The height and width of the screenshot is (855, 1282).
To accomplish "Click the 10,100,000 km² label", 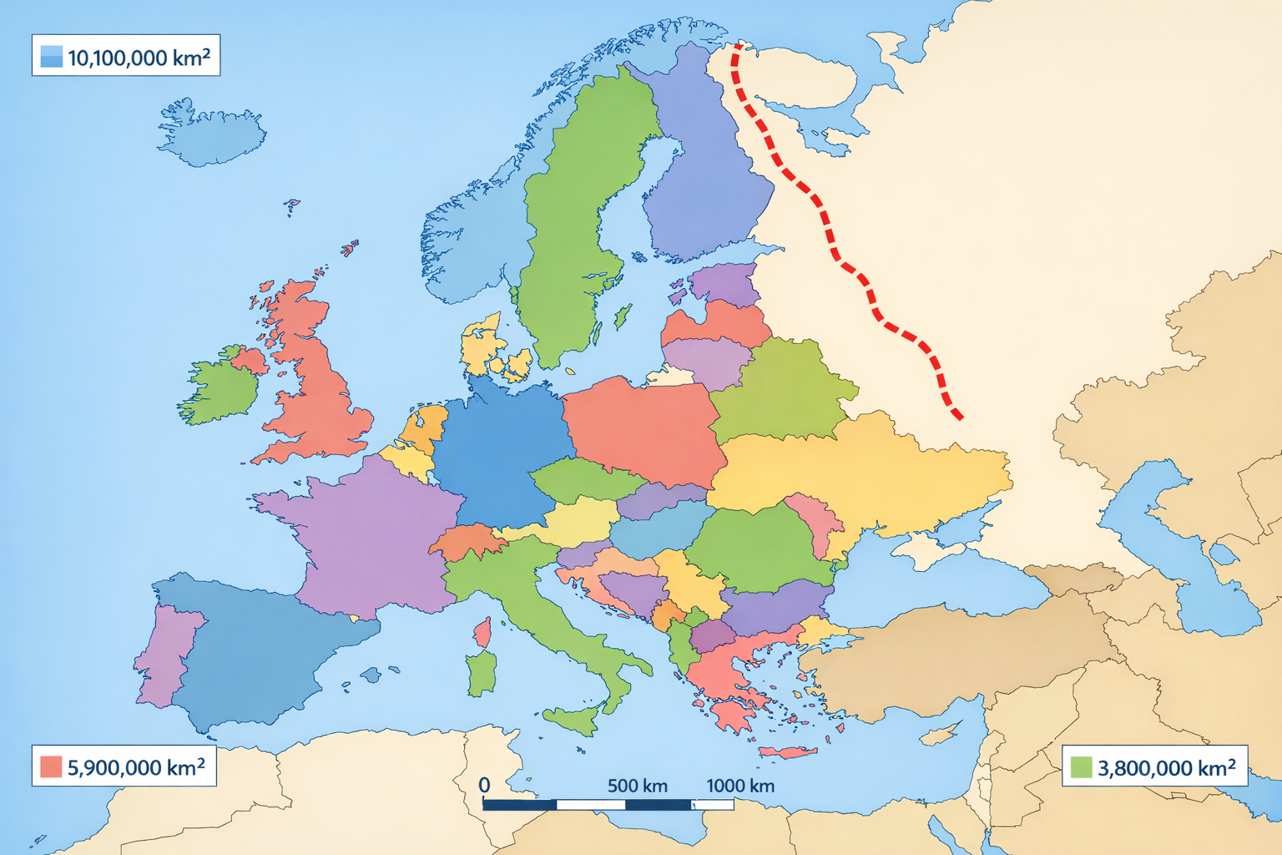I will pyautogui.click(x=139, y=58).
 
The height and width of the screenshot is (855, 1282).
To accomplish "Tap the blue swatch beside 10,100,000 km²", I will pyautogui.click(x=51, y=57).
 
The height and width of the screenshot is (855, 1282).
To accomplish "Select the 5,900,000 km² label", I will pyautogui.click(x=136, y=767).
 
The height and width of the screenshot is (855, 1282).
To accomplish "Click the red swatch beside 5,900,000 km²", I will pyautogui.click(x=51, y=766).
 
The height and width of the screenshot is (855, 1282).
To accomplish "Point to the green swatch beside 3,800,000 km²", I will pyautogui.click(x=1081, y=767).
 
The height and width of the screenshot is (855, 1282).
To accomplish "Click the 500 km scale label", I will pyautogui.click(x=638, y=786).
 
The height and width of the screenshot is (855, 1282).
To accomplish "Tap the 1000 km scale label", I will pyautogui.click(x=740, y=786).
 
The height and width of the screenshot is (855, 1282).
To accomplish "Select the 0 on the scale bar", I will pyautogui.click(x=484, y=786).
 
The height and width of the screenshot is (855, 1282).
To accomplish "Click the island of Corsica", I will pyautogui.click(x=482, y=632).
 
